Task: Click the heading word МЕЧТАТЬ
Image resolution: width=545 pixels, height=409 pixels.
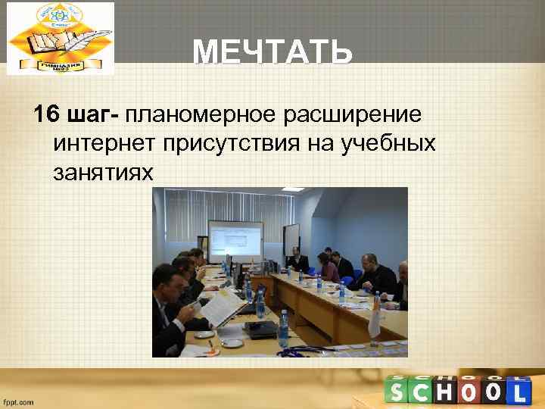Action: tap(272, 53)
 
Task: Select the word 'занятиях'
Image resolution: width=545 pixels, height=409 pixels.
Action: tap(103, 173)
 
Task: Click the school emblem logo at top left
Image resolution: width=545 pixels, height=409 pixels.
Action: tap(61, 38)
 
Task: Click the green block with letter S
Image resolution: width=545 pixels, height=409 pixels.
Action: tap(398, 392)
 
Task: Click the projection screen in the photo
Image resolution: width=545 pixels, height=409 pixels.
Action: tap(235, 241)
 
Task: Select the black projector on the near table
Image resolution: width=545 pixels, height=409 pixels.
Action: tap(262, 328)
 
